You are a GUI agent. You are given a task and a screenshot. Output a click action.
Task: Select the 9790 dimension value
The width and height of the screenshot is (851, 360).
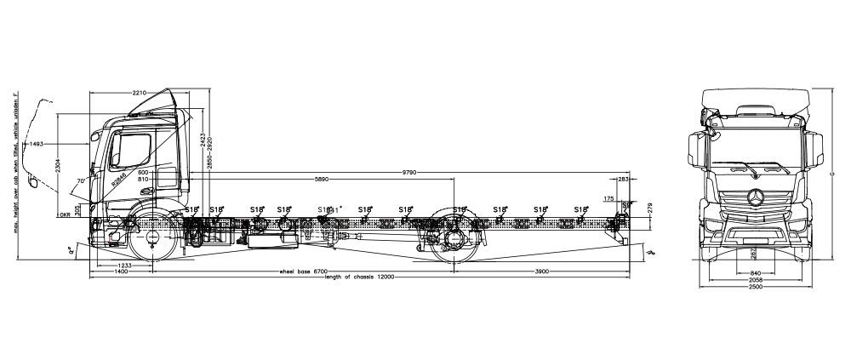point(414,173)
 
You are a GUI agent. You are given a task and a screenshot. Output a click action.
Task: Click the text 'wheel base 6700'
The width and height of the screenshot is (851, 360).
point(304,271)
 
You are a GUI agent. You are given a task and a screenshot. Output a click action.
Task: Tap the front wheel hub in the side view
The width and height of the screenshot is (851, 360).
point(153,236)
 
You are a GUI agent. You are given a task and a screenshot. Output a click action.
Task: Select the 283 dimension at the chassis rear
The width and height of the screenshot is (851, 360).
point(623,180)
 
